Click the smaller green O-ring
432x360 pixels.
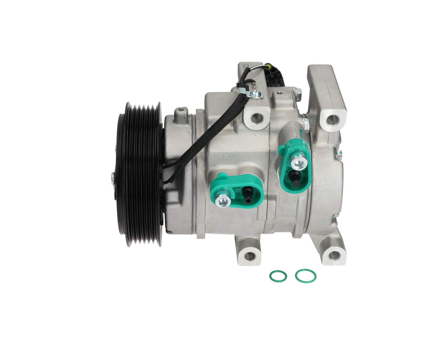coord(278,276)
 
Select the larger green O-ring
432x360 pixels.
coord(305,276)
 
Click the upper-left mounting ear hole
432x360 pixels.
coord(257,118)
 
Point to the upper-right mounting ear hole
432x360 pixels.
coord(332,120)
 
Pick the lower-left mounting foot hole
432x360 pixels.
coord(250,256)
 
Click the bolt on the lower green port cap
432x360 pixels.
coord(223,201)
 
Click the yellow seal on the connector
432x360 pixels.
coord(268,66)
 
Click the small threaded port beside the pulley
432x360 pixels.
coord(181,111)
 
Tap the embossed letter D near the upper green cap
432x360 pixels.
coord(277,184)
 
